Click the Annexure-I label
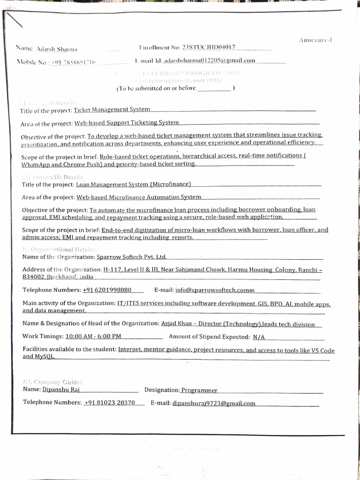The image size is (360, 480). click(315, 40)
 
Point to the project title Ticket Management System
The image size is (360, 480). click(112, 110)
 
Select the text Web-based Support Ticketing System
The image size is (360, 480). click(127, 123)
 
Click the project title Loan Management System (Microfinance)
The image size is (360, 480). click(134, 185)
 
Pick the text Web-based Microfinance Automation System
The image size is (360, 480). click(139, 197)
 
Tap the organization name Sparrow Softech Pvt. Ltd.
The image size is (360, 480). click(131, 257)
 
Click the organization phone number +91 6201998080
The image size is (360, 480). click(107, 290)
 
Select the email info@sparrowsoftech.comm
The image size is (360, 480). click(215, 290)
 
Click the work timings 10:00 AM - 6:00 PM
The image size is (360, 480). click(93, 337)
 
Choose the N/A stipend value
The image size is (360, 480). click(259, 337)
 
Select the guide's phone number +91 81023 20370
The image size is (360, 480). click(110, 403)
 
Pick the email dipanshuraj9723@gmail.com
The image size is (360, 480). click(214, 403)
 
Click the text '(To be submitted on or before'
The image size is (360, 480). click(156, 88)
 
